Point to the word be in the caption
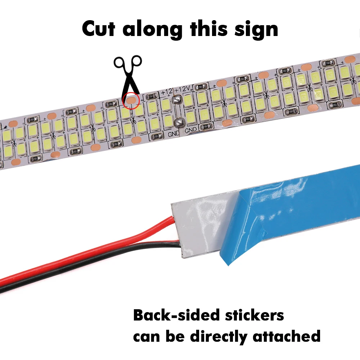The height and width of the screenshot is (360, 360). pos(174,337)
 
